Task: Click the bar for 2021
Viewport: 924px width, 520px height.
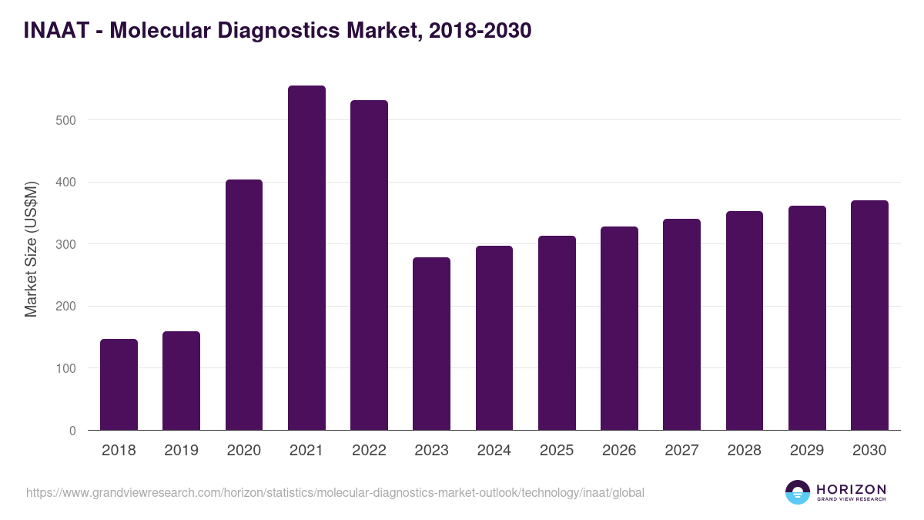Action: click(306, 258)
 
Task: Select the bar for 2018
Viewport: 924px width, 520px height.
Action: click(119, 384)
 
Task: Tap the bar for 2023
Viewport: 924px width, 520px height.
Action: click(431, 344)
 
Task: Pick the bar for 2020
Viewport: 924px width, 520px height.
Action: click(244, 305)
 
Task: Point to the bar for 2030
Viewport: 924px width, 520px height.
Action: click(869, 315)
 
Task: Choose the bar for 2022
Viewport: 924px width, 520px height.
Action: click(369, 265)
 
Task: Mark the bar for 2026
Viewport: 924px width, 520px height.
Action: click(619, 328)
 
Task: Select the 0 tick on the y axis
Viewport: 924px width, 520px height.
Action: click(72, 431)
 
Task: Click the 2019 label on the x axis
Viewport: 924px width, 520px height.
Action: click(181, 451)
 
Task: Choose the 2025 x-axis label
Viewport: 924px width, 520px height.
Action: click(557, 451)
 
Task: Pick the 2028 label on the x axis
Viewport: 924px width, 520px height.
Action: click(745, 451)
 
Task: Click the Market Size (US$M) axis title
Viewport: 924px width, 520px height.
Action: click(31, 250)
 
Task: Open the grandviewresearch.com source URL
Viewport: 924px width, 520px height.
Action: click(335, 492)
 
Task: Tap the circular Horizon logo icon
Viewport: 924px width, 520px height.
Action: click(798, 492)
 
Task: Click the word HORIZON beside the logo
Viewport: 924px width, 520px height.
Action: click(851, 489)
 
